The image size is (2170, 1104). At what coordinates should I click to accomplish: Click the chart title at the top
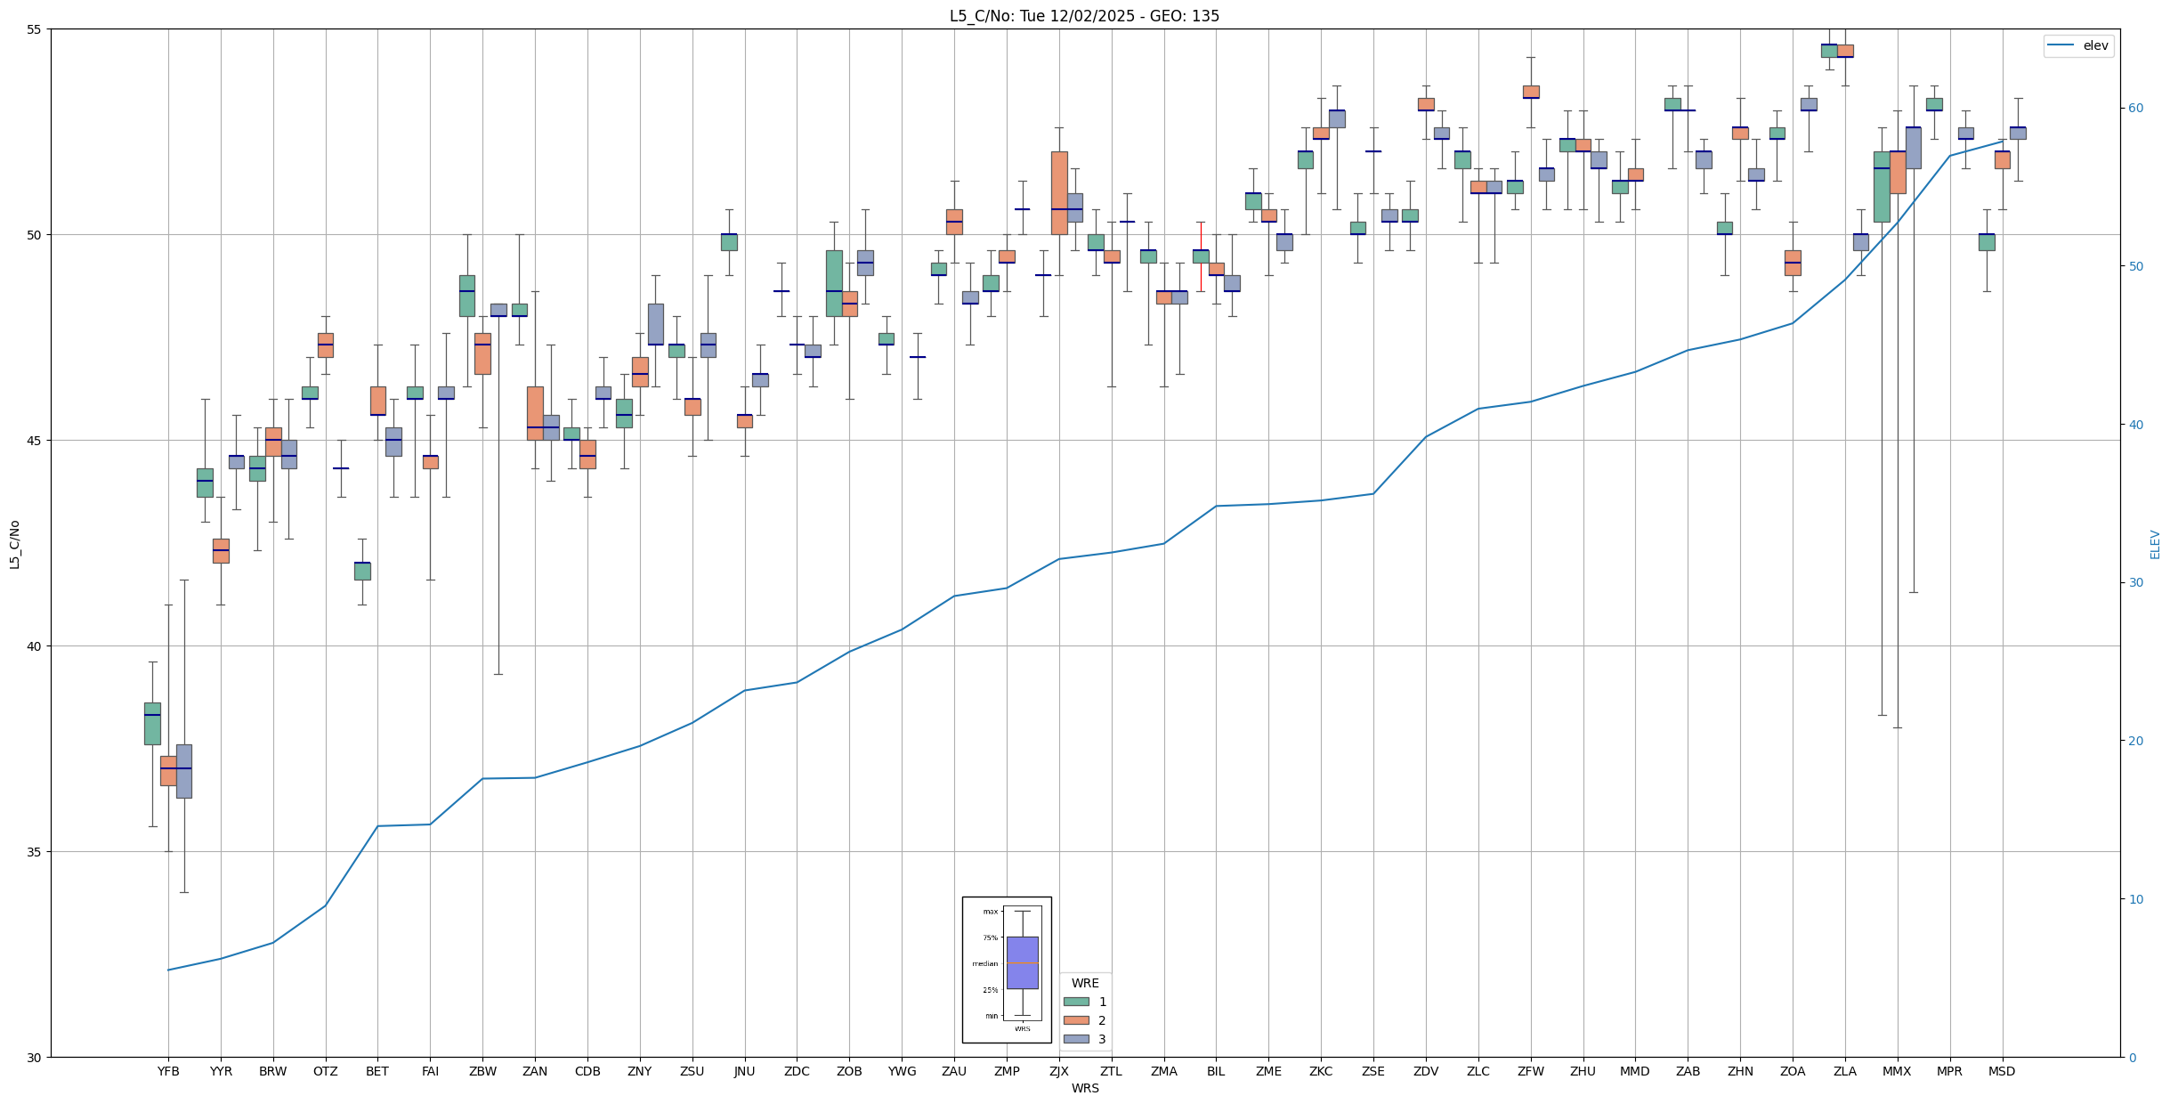(x=1084, y=16)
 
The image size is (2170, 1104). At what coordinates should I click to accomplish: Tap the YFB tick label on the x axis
(x=168, y=1071)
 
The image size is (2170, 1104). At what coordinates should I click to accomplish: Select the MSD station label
(x=2002, y=1071)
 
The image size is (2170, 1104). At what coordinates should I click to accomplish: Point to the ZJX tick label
(x=1059, y=1071)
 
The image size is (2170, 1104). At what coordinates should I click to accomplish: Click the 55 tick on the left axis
(x=35, y=29)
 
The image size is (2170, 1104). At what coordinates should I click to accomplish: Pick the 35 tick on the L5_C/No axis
(x=35, y=852)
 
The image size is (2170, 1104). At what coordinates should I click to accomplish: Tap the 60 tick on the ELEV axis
(x=2134, y=109)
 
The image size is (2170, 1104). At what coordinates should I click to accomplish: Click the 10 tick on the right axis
(x=2134, y=899)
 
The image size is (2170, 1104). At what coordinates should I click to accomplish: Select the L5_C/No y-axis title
(x=14, y=543)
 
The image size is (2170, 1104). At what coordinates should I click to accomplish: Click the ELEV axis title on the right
(x=2155, y=544)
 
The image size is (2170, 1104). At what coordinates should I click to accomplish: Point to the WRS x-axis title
(x=1085, y=1088)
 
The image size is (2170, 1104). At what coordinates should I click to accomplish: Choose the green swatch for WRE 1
(x=1076, y=1002)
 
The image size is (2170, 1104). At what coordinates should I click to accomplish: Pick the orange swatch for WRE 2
(x=1076, y=1020)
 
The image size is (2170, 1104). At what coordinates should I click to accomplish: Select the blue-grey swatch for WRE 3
(x=1076, y=1039)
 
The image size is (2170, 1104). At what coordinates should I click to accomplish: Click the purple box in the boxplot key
(x=1022, y=962)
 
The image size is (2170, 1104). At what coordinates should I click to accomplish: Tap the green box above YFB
(x=152, y=723)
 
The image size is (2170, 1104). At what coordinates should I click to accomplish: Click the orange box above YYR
(x=221, y=550)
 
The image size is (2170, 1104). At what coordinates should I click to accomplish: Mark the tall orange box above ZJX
(x=1059, y=192)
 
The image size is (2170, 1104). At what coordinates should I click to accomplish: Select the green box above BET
(x=362, y=571)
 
